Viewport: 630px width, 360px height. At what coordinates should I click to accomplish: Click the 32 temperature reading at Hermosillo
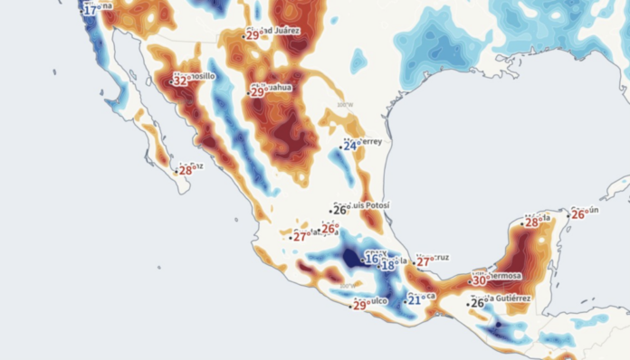click(181, 81)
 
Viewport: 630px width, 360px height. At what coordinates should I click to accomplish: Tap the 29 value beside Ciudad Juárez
click(253, 35)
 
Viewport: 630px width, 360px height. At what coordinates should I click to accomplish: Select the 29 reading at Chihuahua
click(257, 91)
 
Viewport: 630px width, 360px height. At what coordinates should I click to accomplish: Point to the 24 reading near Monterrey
click(349, 146)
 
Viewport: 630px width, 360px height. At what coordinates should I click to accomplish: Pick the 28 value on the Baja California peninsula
click(186, 170)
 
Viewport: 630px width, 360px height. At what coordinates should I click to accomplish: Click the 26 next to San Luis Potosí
click(340, 210)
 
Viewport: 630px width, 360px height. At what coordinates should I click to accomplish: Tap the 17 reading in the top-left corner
click(91, 9)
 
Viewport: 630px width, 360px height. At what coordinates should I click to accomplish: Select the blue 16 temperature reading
click(371, 260)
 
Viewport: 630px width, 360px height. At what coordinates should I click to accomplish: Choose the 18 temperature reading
click(387, 265)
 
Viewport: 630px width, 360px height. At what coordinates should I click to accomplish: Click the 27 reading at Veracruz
click(424, 262)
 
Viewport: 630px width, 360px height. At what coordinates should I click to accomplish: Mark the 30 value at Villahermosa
click(479, 280)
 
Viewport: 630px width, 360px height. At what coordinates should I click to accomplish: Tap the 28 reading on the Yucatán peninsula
click(531, 223)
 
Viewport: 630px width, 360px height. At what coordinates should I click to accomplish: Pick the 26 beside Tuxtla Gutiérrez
click(477, 303)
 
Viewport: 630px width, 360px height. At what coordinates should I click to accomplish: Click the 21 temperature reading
click(414, 299)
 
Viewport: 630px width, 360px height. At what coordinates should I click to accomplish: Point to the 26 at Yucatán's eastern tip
click(578, 214)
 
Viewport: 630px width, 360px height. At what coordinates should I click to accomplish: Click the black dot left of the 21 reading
click(405, 298)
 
